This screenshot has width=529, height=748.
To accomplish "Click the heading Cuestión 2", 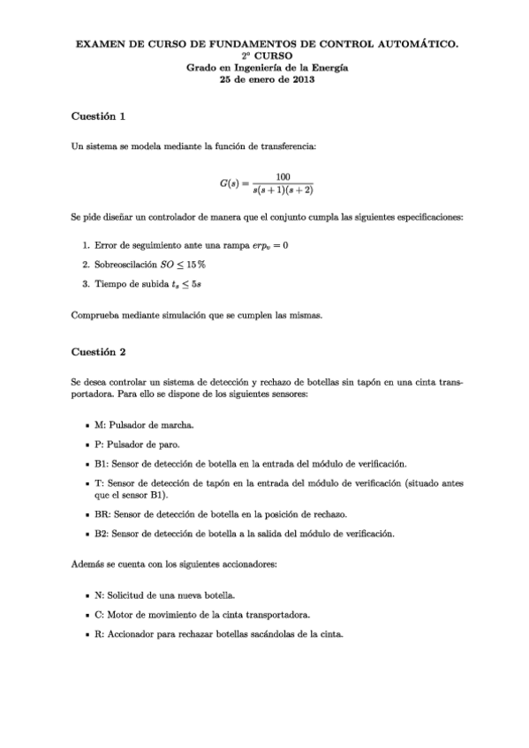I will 99,353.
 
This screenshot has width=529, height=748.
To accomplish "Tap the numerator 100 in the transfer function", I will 283,176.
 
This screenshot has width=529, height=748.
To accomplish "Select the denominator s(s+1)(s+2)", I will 283,191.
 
